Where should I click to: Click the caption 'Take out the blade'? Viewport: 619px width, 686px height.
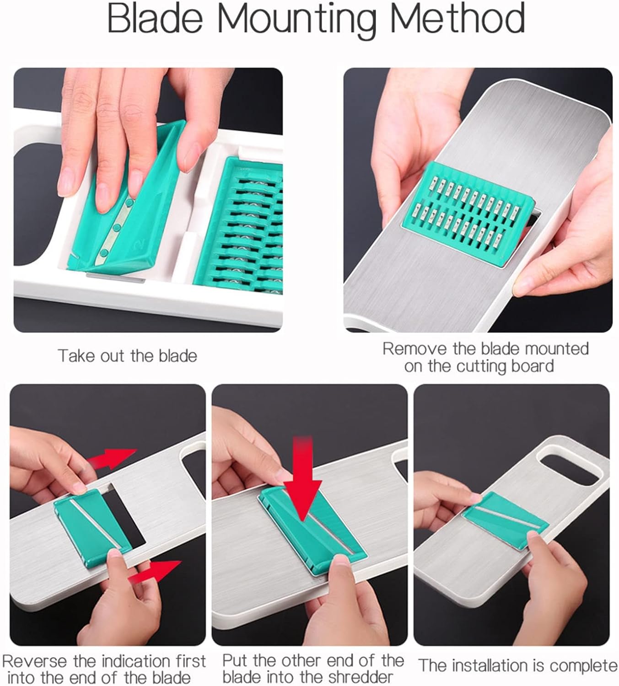[127, 356]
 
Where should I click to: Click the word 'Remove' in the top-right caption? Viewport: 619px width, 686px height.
[414, 349]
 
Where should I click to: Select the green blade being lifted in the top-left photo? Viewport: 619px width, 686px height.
[127, 202]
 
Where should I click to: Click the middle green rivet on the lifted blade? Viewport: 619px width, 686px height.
[116, 227]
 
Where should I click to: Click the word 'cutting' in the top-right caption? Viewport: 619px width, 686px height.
[481, 366]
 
